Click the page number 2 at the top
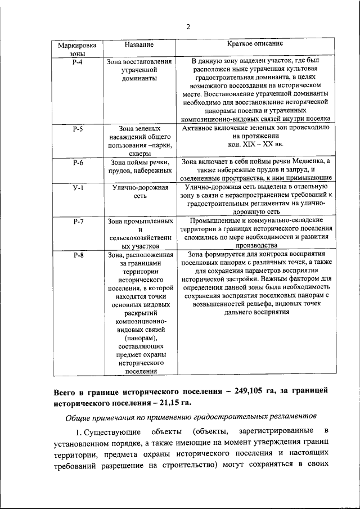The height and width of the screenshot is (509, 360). click(188, 26)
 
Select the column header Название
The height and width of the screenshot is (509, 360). click(138, 44)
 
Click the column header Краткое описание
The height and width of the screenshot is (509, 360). click(255, 43)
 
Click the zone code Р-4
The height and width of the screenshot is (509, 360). click(78, 61)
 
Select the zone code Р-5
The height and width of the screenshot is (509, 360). click(78, 129)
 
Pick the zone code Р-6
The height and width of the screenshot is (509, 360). click(78, 163)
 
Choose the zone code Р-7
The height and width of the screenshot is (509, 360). click(78, 221)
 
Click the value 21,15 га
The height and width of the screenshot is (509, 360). click(170, 402)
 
